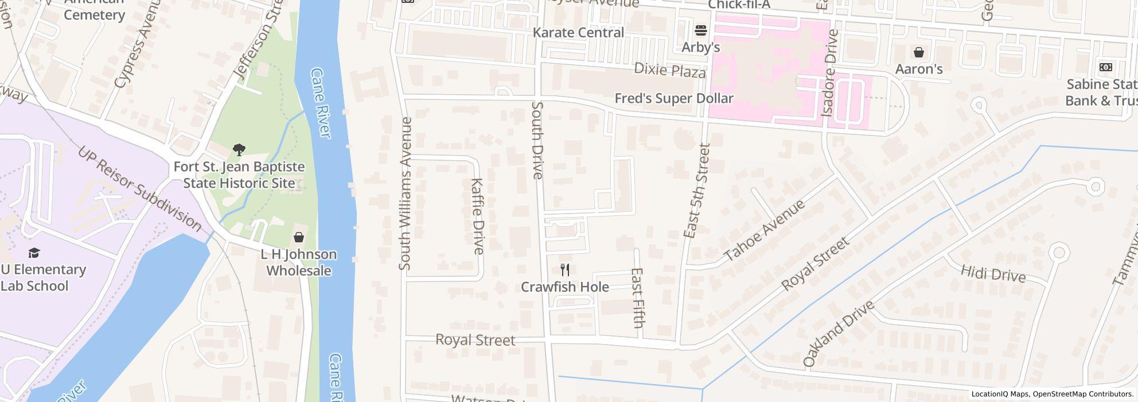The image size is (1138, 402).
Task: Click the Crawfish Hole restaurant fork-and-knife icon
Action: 565,270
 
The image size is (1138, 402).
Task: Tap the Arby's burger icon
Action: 700,30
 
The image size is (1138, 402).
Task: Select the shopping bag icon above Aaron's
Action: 919,52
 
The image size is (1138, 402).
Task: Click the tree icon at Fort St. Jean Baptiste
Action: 239,150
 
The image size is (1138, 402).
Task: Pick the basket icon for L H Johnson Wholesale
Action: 299,237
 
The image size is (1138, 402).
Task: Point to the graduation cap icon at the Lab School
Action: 34,253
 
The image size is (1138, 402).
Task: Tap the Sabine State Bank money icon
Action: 1105,67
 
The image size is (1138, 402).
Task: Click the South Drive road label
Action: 537,140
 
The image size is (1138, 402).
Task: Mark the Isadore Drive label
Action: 829,73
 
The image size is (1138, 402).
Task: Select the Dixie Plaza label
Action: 669,71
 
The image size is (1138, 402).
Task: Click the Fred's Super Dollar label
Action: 674,98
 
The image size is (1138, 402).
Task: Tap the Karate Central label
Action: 578,32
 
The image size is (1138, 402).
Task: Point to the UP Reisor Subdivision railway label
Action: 139,189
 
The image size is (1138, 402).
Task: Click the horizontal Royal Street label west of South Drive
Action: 476,340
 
